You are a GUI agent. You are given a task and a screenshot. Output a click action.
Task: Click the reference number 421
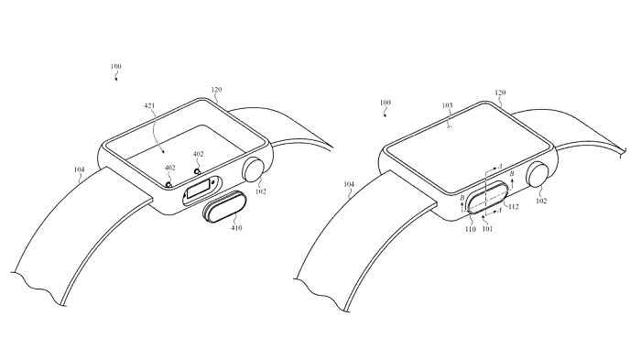click(x=149, y=106)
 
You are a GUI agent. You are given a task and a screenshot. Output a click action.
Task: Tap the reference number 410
click(x=236, y=228)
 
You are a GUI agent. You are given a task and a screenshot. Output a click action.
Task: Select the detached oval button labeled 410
click(x=223, y=206)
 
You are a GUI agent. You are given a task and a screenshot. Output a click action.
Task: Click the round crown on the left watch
click(x=255, y=169)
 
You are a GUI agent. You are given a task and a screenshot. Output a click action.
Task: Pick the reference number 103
click(x=447, y=105)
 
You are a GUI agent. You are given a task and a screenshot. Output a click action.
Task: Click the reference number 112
click(x=513, y=207)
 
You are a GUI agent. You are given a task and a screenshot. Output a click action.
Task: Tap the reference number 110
click(x=470, y=229)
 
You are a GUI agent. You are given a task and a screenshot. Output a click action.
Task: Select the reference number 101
click(x=487, y=229)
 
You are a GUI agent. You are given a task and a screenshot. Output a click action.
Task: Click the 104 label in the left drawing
click(x=80, y=169)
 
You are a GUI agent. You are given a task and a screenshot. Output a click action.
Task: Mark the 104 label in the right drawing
click(x=348, y=184)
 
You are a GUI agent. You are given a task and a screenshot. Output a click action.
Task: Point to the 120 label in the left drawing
click(x=216, y=90)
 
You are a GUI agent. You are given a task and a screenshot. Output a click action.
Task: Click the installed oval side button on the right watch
click(x=487, y=198)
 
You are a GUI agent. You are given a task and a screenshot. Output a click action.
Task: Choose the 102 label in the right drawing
click(x=541, y=201)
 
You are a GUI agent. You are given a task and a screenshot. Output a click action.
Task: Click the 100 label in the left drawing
click(x=115, y=66)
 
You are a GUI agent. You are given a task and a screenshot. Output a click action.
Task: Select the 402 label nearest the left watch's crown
click(x=198, y=154)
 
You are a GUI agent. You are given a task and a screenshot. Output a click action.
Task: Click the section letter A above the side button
click(x=500, y=167)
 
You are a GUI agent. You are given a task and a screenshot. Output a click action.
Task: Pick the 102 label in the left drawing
click(x=260, y=191)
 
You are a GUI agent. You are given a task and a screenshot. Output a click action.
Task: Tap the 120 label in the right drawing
click(x=500, y=93)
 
